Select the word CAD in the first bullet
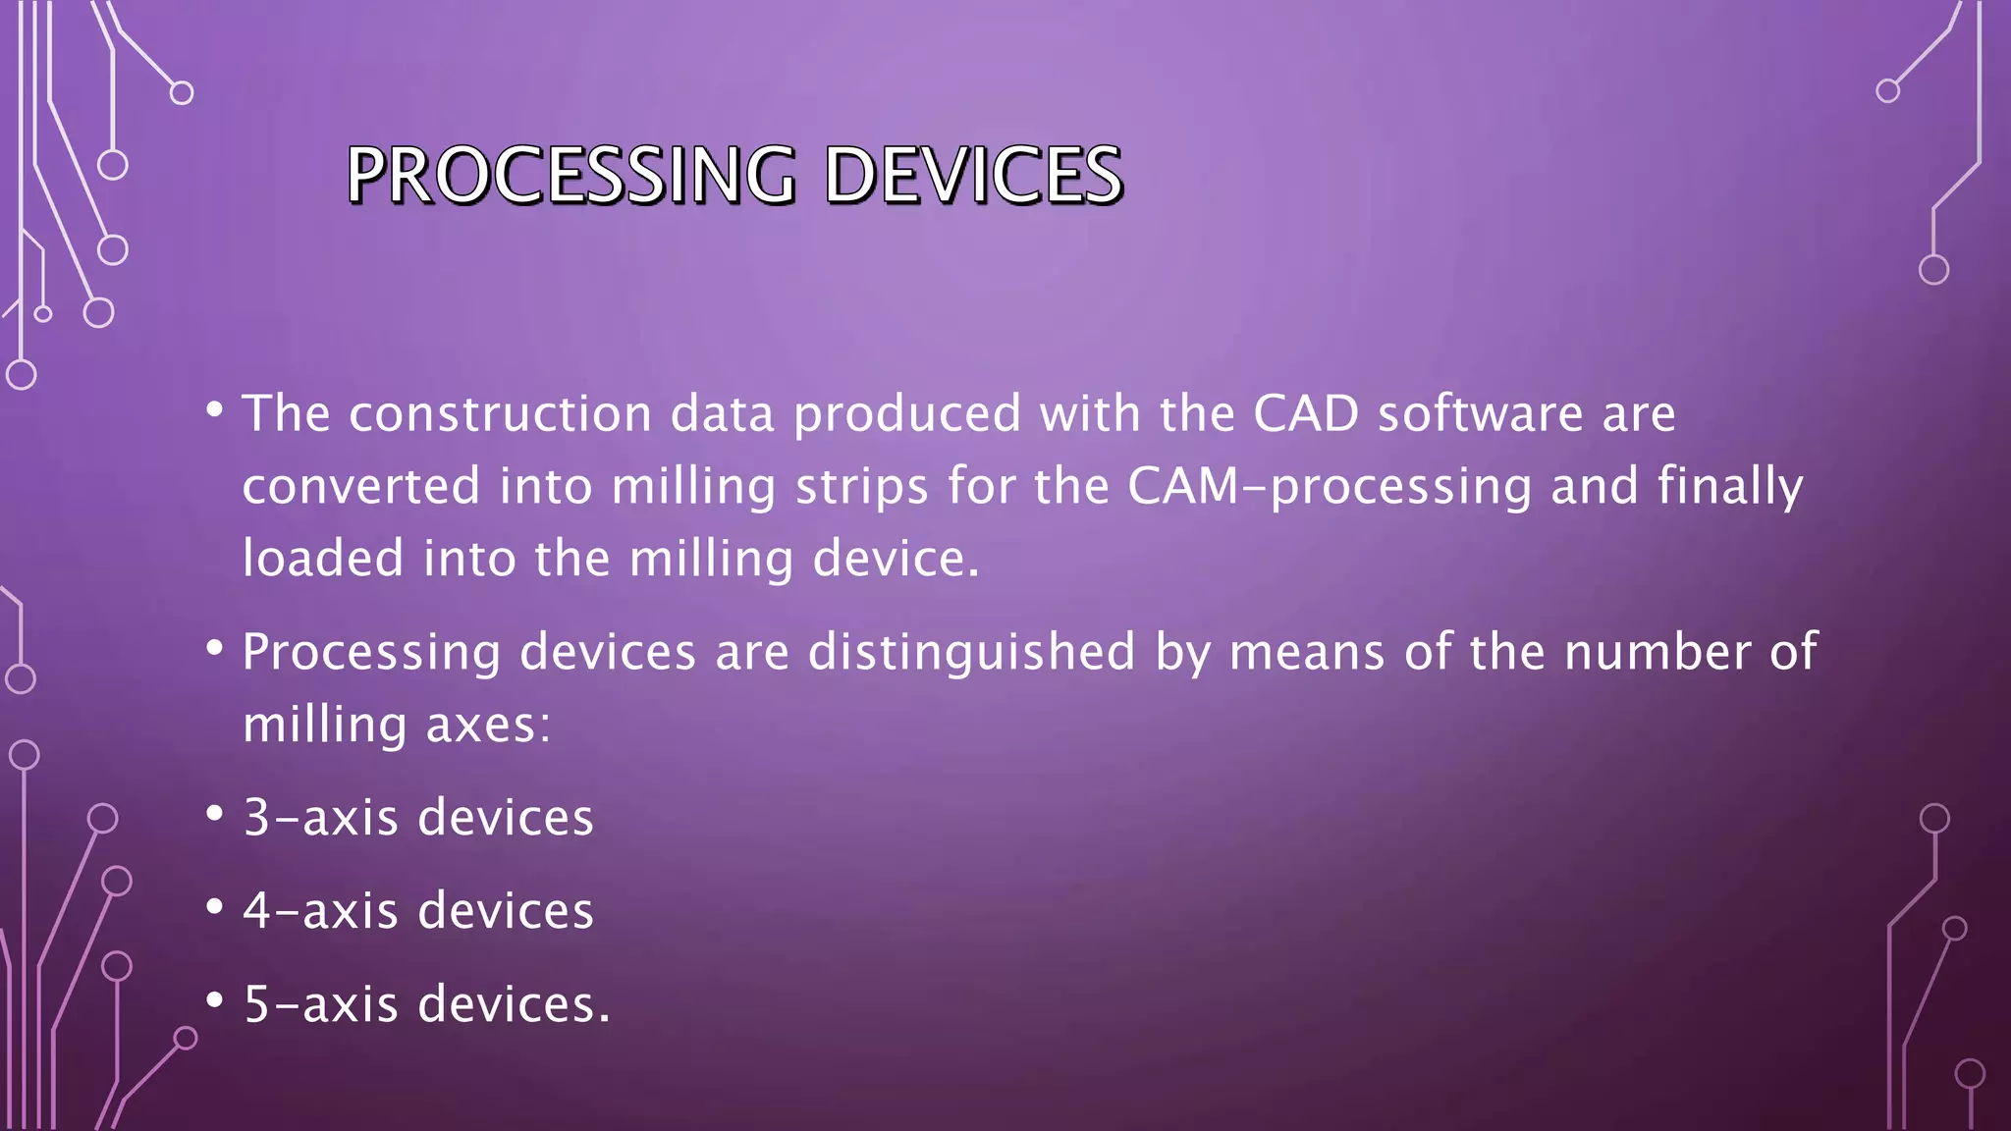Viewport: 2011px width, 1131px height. click(x=1305, y=413)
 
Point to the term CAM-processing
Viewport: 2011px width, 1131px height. click(x=1329, y=487)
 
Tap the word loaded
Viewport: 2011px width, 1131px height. click(x=323, y=559)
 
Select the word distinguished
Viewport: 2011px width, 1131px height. click(x=971, y=653)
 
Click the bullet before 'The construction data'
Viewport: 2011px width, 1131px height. click(x=215, y=410)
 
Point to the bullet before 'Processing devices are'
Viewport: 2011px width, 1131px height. click(x=215, y=649)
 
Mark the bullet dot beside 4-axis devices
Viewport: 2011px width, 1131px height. click(x=215, y=907)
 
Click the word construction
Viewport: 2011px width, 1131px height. click(x=500, y=413)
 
